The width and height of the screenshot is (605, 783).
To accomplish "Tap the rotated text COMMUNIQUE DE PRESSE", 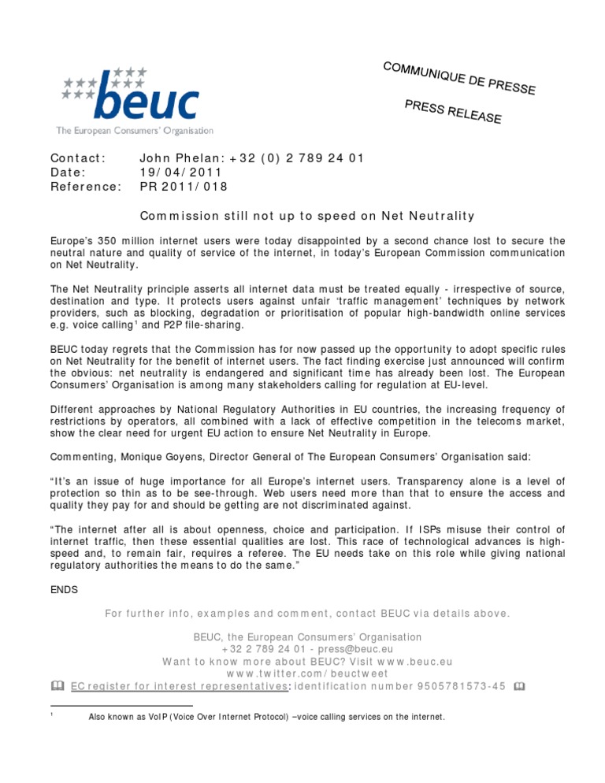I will click(x=459, y=78).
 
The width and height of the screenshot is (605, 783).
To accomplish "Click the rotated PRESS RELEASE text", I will click(x=453, y=112).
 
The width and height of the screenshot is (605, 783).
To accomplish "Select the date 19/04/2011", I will click(x=180, y=172).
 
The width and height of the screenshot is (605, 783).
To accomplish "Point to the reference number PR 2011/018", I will click(x=183, y=187).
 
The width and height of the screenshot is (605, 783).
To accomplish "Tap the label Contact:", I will click(x=78, y=158).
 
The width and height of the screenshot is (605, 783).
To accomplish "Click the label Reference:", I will click(x=85, y=187).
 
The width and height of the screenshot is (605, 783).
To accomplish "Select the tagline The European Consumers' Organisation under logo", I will click(x=134, y=130).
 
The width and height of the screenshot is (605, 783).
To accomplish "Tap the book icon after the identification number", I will click(x=518, y=686).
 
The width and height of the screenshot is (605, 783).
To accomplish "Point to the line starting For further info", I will click(x=307, y=612).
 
